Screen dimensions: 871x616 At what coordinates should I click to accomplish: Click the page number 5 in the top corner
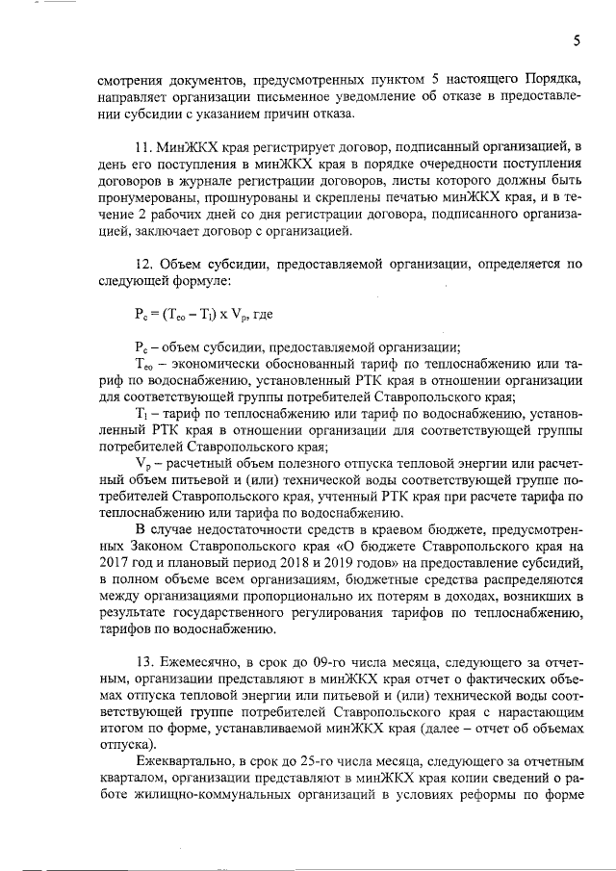point(576,40)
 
